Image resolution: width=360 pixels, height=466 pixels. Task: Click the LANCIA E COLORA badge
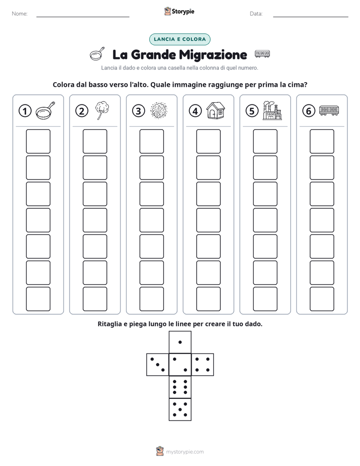(179, 39)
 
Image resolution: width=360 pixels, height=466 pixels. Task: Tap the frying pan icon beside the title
(97, 54)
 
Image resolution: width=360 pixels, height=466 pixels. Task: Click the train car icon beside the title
(262, 54)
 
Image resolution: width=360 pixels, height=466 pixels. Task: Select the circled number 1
(25, 111)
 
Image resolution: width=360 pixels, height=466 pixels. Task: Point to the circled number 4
(195, 111)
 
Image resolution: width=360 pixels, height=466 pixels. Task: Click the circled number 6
(309, 111)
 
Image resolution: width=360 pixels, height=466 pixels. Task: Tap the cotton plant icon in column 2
(102, 110)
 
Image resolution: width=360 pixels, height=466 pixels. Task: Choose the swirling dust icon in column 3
(159, 110)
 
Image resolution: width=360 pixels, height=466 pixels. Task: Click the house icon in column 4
(216, 110)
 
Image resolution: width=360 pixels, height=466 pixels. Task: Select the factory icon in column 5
(272, 110)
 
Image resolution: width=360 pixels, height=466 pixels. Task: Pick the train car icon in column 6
(329, 110)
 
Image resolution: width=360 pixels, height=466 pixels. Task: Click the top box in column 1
(38, 141)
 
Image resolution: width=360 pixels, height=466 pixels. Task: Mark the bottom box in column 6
(322, 299)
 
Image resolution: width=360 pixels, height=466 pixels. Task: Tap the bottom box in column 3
(152, 299)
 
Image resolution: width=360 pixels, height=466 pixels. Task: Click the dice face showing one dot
(180, 342)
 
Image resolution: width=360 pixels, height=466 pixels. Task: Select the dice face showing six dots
(180, 387)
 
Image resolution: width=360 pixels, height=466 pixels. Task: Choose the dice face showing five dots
(180, 410)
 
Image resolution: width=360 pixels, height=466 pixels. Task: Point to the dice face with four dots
(203, 365)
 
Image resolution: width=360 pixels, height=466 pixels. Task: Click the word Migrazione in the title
(213, 55)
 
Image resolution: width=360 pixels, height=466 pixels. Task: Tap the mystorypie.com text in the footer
(185, 452)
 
